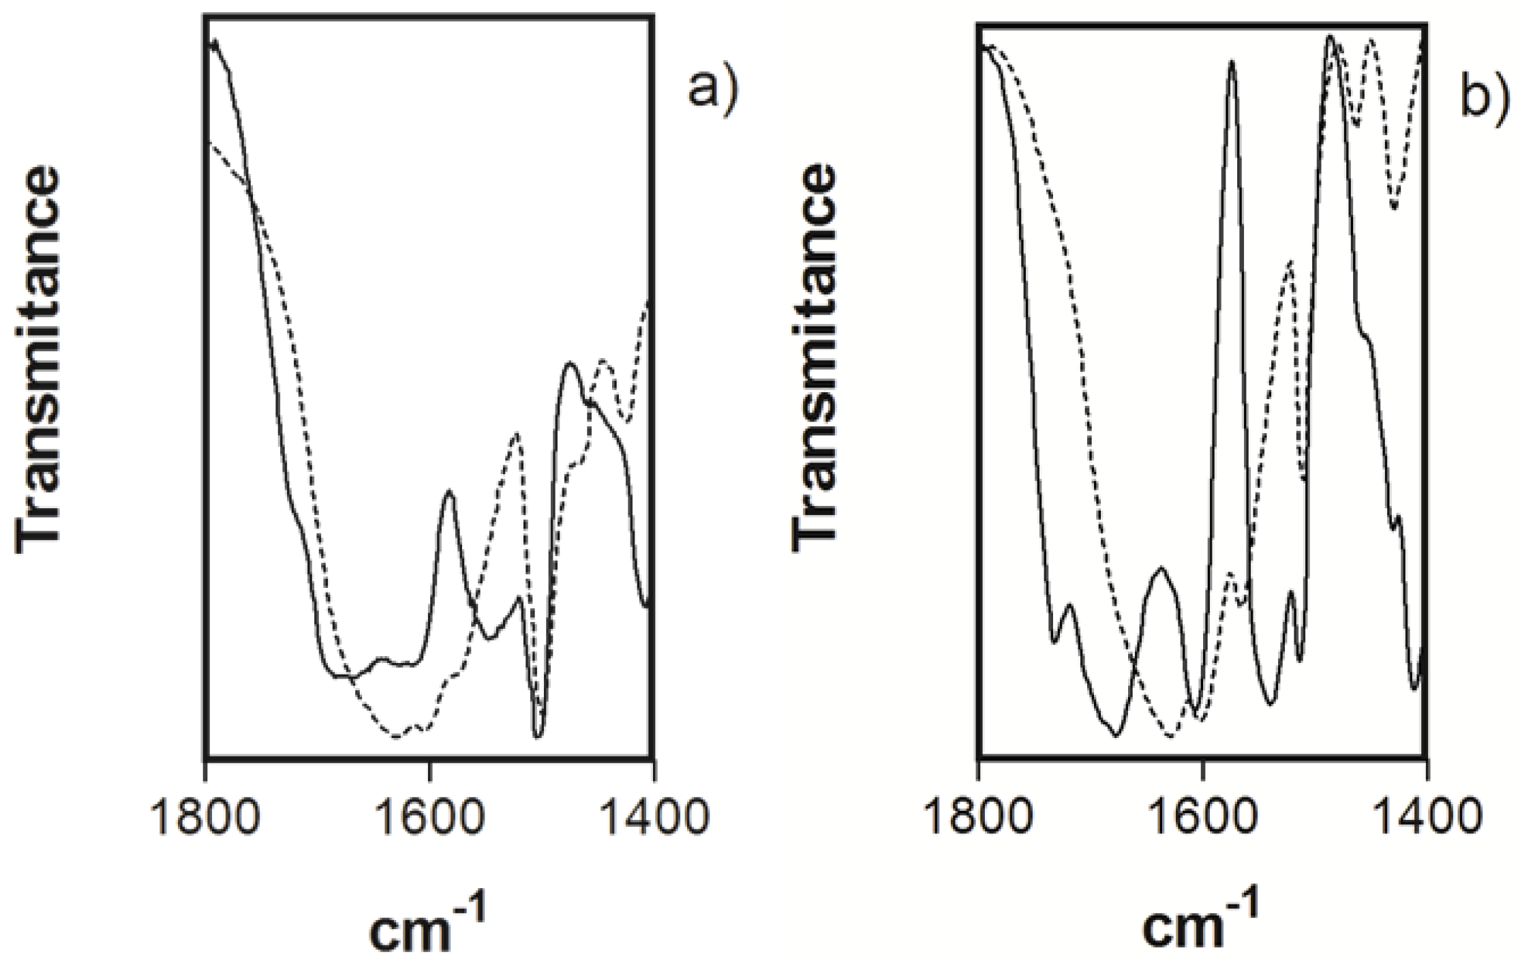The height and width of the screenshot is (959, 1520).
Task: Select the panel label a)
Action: pos(712,89)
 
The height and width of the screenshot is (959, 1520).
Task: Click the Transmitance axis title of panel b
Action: pos(812,362)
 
